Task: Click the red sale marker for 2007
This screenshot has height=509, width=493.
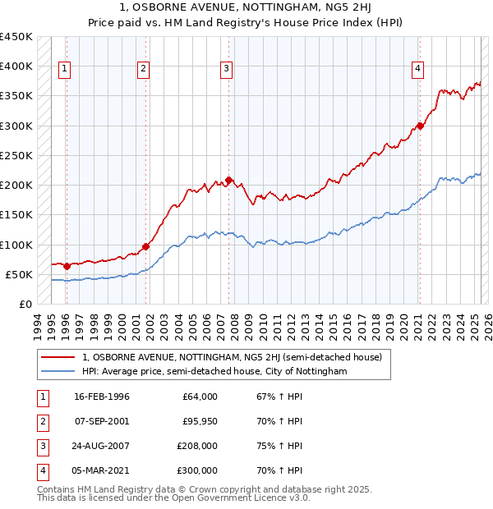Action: (x=229, y=181)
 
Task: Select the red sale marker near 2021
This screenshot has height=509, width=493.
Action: (x=419, y=126)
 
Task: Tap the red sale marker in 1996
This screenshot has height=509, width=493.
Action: (x=67, y=266)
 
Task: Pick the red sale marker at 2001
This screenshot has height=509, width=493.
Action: (x=145, y=246)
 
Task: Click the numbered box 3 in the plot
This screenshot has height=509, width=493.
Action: (x=226, y=69)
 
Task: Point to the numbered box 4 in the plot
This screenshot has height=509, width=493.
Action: (x=417, y=69)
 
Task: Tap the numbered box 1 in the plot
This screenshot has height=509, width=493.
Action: (x=64, y=69)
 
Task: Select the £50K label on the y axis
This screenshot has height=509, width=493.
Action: (x=19, y=274)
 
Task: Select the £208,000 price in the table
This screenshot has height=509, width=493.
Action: (x=197, y=446)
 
